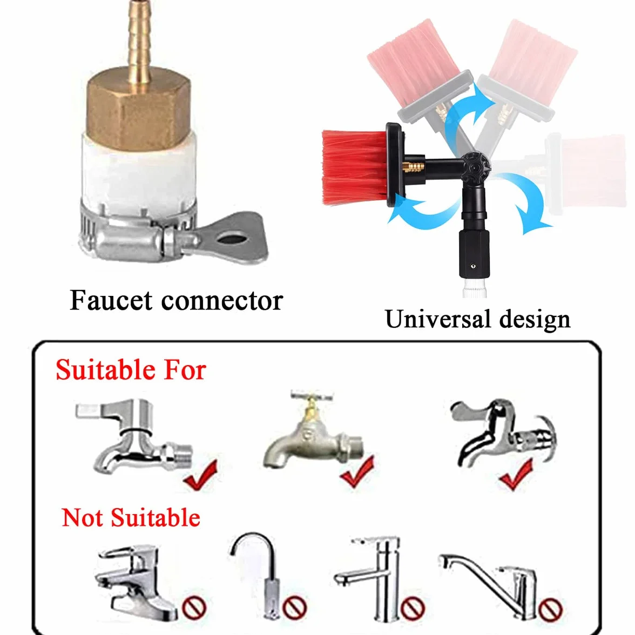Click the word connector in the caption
click(222, 301)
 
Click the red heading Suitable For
click(131, 370)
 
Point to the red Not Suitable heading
click(131, 517)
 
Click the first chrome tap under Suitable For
click(134, 435)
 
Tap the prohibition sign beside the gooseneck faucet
click(294, 607)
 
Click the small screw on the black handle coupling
click(474, 266)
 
